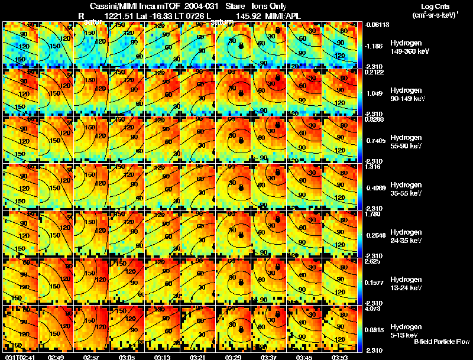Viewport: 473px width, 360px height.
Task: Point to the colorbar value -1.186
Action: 372,46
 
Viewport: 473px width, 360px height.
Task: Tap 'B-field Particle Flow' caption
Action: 441,342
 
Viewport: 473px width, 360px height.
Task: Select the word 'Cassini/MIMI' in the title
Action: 114,6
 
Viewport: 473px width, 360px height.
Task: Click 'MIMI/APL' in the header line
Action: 285,15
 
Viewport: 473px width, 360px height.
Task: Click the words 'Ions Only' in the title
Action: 269,6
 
